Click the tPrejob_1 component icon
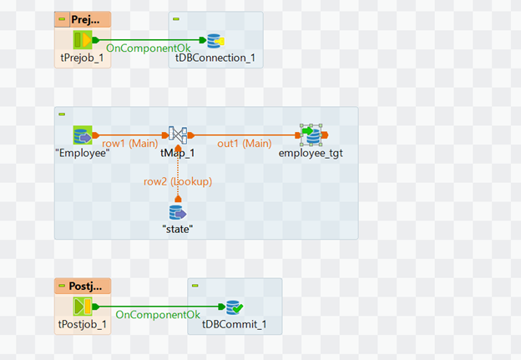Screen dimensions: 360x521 point(82,40)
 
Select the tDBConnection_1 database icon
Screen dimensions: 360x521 point(215,40)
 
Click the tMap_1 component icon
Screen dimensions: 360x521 point(177,134)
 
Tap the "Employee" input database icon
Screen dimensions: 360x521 point(83,134)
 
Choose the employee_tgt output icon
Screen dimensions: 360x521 point(312,134)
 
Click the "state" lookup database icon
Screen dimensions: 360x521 point(176,212)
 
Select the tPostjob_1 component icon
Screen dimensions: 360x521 point(82,307)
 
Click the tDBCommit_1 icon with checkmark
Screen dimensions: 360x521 point(234,307)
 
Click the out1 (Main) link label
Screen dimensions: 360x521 point(245,143)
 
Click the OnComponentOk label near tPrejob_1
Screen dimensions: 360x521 point(149,49)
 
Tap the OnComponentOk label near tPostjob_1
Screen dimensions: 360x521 point(158,315)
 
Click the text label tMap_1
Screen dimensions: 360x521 point(177,153)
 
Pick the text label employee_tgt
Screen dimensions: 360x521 point(311,153)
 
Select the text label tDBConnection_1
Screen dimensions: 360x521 point(214,58)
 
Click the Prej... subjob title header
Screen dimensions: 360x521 point(87,19)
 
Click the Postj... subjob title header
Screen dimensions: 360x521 point(87,286)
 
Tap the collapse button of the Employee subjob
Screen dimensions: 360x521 point(62,114)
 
